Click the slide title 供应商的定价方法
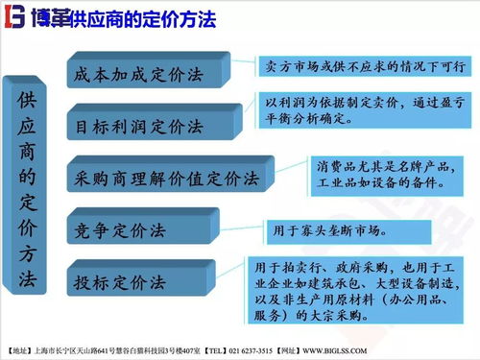[144, 20]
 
